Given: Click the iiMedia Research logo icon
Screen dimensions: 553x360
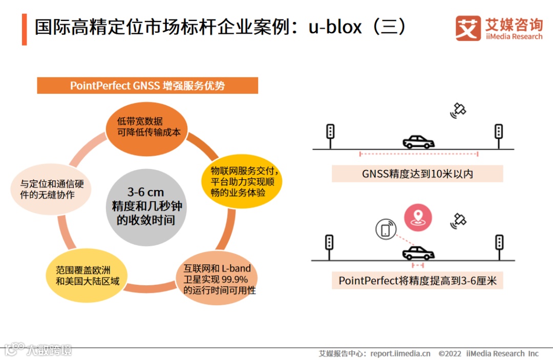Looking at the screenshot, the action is [x=468, y=28].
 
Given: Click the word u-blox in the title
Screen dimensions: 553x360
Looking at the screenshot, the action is [x=334, y=27].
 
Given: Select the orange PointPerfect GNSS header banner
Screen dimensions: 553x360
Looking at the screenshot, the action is [x=147, y=86].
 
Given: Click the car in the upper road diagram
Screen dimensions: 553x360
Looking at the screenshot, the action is [x=418, y=142].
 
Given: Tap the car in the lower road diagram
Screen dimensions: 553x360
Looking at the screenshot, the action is [x=418, y=253].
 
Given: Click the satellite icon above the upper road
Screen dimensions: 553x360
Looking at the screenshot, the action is [x=458, y=110].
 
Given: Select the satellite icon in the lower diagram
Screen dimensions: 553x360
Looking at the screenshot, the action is [x=458, y=220].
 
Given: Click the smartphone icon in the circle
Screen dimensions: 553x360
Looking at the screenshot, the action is [x=386, y=229].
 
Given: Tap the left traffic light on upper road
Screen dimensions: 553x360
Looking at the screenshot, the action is [x=330, y=132].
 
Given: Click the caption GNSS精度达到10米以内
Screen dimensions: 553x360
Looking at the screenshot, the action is [x=417, y=174].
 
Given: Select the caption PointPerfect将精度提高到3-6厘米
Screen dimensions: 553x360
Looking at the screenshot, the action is [x=417, y=281].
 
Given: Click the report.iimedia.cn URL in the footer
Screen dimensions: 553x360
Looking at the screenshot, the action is [x=400, y=353].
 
